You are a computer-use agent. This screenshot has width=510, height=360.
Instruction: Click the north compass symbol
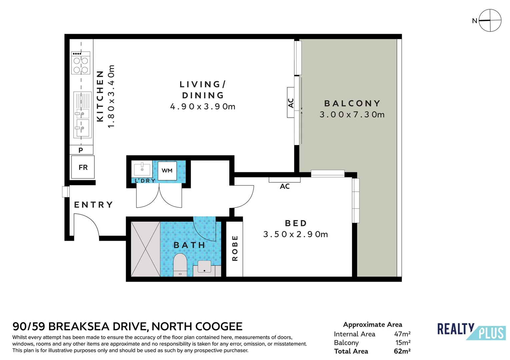tap(490, 20)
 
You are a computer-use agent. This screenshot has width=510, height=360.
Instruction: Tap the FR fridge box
tap(83, 167)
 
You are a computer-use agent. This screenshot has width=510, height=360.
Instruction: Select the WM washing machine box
tap(167, 171)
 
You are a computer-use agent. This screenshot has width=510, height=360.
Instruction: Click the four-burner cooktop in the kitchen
tap(81, 63)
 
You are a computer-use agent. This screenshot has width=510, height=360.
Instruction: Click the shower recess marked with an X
tap(145, 249)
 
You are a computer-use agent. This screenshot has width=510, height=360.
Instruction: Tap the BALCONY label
tap(352, 103)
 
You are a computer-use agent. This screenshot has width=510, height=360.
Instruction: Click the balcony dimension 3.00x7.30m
tap(352, 115)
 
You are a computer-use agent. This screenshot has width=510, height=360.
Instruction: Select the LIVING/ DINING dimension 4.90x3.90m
tap(203, 107)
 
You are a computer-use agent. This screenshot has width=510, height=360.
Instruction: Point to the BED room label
tap(296, 223)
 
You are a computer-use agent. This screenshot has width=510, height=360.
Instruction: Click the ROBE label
tap(235, 248)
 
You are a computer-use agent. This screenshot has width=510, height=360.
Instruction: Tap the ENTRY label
tap(93, 205)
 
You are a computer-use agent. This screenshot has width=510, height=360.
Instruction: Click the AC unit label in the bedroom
tap(285, 186)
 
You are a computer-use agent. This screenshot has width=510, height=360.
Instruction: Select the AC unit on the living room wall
tap(291, 103)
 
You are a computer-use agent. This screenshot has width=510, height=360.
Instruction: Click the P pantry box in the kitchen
tap(81, 150)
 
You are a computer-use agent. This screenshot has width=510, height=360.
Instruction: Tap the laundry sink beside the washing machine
tap(142, 169)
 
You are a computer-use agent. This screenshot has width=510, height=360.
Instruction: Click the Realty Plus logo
tap(471, 331)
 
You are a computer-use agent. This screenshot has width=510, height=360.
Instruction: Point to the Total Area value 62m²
tap(402, 351)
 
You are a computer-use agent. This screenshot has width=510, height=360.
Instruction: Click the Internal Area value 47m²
tap(402, 334)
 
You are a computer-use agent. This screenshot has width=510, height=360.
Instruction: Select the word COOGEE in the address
tap(219, 326)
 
